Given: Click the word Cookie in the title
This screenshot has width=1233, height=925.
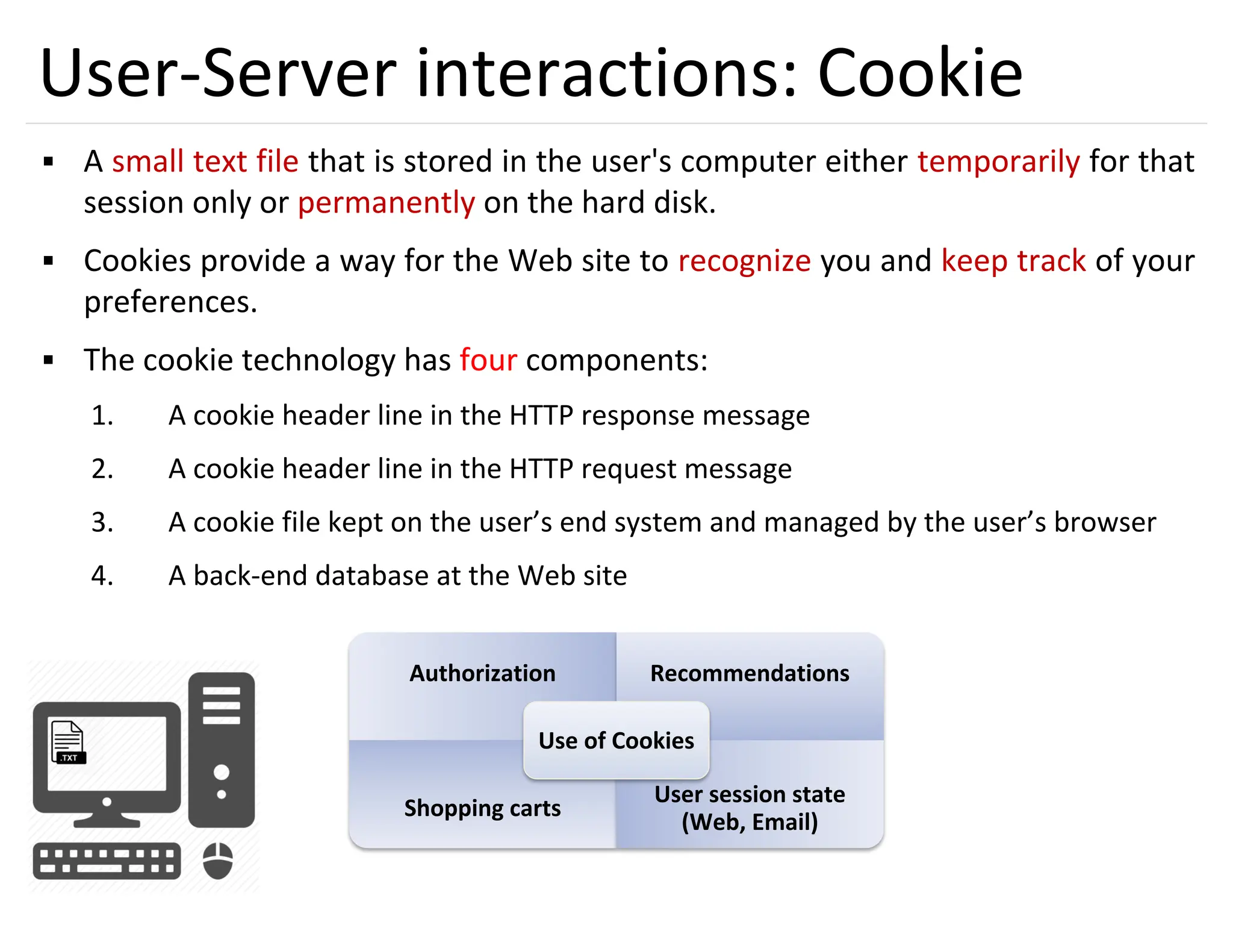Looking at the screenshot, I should (919, 73).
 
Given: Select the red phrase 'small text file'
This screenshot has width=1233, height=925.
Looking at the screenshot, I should (205, 161).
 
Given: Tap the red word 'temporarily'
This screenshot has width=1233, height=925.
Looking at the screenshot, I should (998, 161).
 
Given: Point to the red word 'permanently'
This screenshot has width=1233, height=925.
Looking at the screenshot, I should (386, 203).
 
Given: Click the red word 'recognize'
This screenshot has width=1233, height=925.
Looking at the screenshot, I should (744, 261).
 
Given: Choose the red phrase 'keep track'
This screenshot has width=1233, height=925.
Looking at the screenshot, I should (1013, 261).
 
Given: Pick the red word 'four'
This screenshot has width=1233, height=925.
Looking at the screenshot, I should (488, 360).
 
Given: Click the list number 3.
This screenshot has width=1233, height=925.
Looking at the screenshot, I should (102, 522).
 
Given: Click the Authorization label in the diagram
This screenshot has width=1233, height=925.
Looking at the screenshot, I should (482, 673).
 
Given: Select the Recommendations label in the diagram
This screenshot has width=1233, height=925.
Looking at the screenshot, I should (750, 673).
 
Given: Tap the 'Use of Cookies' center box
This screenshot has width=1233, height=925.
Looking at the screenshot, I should (616, 740).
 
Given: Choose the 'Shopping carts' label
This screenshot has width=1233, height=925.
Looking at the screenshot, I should (482, 808).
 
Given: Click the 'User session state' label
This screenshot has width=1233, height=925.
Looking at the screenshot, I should (750, 795).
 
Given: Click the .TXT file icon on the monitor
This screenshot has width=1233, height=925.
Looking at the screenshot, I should (68, 742).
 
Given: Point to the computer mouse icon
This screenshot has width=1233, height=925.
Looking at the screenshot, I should (217, 861).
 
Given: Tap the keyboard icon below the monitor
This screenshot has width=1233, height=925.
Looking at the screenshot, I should (107, 861).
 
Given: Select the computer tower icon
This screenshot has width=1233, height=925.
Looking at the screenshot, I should (222, 749).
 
